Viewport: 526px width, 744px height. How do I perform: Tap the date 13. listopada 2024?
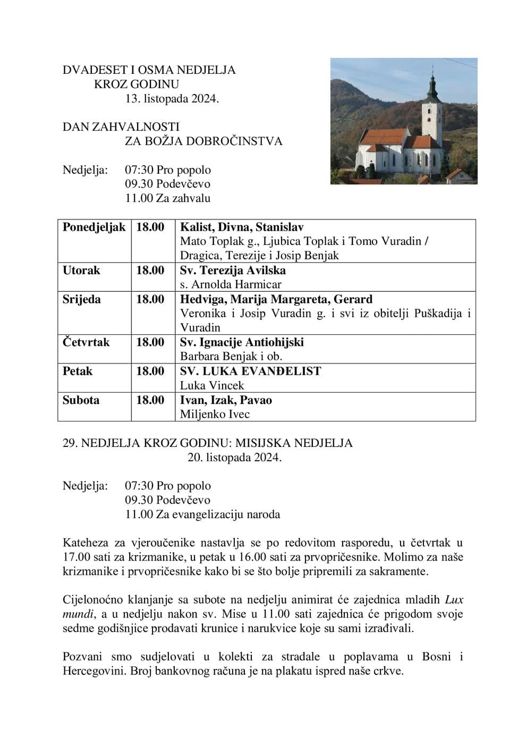coord(172,98)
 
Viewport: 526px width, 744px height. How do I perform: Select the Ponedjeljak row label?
coord(94,227)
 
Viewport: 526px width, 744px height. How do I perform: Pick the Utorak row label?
coord(81,270)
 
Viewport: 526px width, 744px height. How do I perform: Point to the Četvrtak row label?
coord(86,342)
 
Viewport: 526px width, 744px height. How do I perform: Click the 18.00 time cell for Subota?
coord(150,400)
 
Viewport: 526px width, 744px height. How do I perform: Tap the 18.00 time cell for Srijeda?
coord(150,299)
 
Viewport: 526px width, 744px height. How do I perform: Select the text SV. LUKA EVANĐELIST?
coord(250,371)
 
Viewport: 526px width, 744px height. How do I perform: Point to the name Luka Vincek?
coord(212,385)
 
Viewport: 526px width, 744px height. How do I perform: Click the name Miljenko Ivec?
coord(215,414)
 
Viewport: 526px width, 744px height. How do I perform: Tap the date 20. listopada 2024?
coord(234,457)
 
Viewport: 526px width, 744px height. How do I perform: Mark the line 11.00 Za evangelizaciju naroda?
coord(202,514)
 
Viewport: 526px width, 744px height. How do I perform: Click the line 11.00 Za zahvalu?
coord(167,198)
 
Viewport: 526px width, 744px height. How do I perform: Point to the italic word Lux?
coord(454,600)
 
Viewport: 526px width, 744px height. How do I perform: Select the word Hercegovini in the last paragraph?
coord(94,671)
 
